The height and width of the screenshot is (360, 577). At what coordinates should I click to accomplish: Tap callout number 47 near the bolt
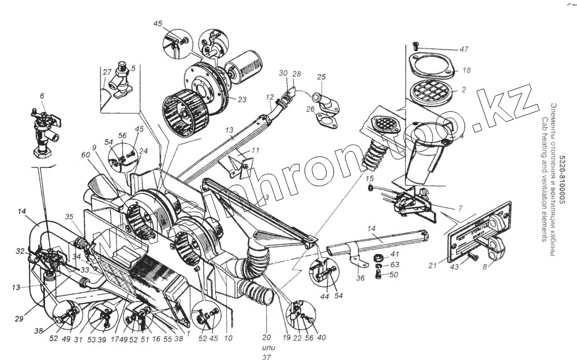point(464,50)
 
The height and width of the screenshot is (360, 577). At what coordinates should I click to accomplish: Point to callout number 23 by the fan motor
point(242,99)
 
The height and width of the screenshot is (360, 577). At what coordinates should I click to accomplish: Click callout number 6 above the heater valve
point(42,95)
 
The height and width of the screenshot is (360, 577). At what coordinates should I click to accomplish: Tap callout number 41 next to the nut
point(394,253)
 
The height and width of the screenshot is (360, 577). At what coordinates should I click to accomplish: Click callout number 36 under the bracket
point(360,278)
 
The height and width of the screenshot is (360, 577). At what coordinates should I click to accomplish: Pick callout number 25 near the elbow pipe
point(321,77)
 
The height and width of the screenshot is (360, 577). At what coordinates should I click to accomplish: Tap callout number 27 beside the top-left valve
point(107,72)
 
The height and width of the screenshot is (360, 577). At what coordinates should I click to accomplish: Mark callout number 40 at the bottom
point(322,338)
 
